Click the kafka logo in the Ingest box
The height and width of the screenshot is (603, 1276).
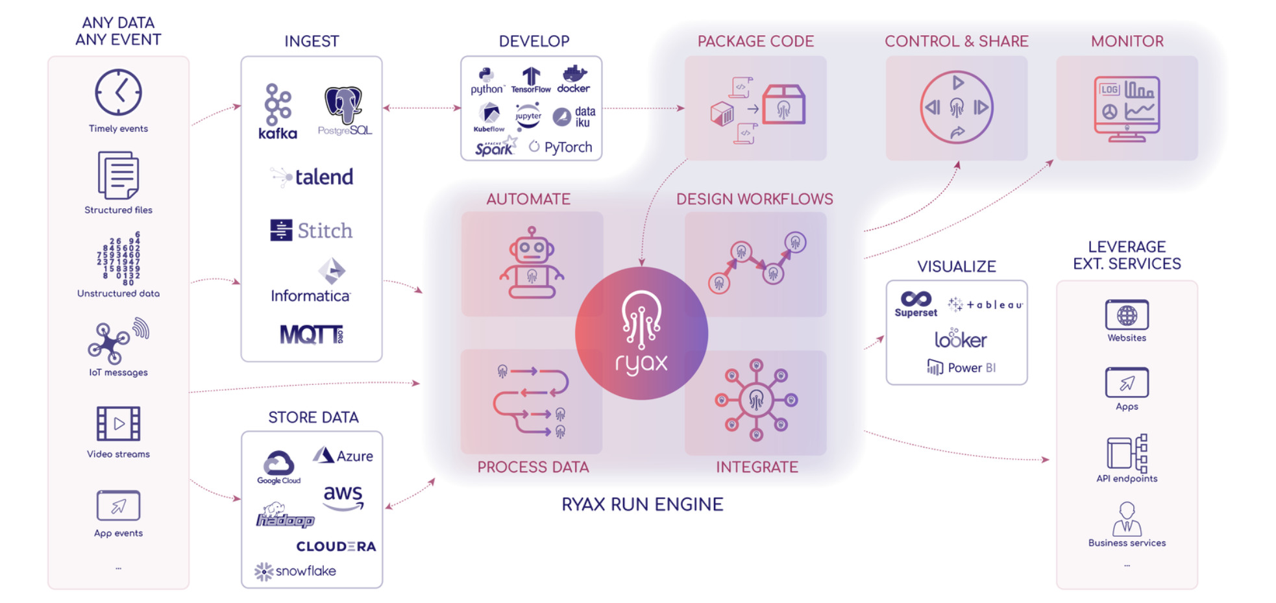(x=278, y=112)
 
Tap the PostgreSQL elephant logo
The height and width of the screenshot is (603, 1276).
(x=344, y=110)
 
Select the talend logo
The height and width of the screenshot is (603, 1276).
(x=312, y=177)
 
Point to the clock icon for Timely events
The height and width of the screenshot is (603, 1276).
(x=118, y=93)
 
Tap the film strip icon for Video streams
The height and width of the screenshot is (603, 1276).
(x=118, y=424)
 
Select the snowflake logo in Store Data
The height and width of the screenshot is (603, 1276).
(x=296, y=571)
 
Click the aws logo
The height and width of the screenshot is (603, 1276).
(x=343, y=497)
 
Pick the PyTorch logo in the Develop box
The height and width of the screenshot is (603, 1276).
(x=561, y=147)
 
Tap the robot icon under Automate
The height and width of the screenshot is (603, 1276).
(x=532, y=264)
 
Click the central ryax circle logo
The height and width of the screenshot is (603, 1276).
(x=641, y=334)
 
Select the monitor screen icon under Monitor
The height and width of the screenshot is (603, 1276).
(x=1127, y=108)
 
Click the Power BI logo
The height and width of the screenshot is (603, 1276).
(x=961, y=368)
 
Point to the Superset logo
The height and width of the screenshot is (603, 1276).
(x=916, y=303)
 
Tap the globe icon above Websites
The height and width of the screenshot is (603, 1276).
(x=1127, y=315)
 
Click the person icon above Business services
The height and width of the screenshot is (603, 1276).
(x=1127, y=519)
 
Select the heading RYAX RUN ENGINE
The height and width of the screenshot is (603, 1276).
(x=642, y=504)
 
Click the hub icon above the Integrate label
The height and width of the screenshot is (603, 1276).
(x=756, y=400)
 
